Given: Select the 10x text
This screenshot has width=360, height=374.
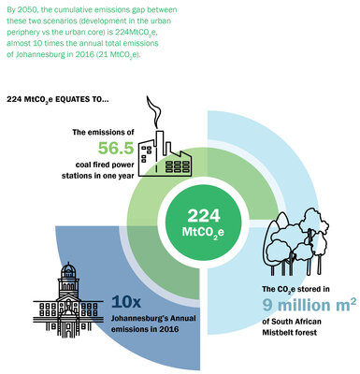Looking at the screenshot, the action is [x=127, y=301].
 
